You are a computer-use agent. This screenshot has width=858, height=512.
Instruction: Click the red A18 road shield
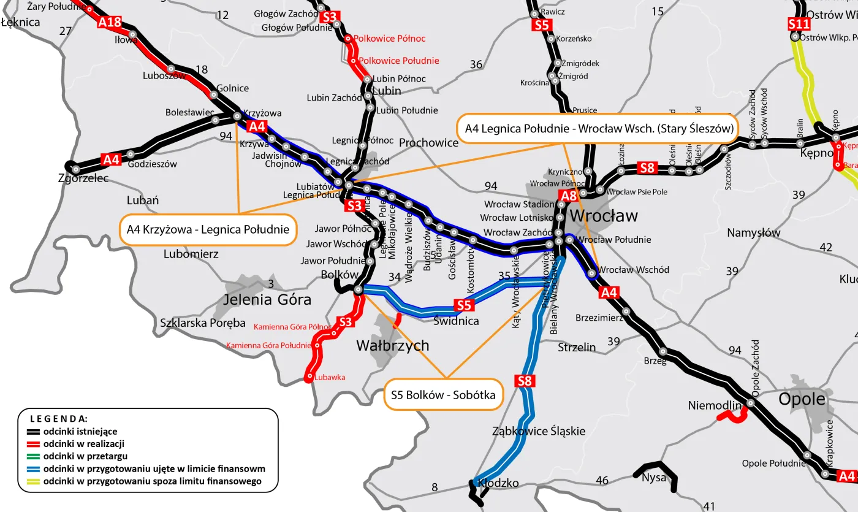click(110, 23)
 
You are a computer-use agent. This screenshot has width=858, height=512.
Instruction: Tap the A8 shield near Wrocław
click(568, 196)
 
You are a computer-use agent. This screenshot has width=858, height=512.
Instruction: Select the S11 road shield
click(799, 25)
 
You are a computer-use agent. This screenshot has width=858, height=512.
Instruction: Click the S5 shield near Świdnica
click(464, 305)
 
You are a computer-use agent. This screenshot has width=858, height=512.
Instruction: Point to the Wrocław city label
click(603, 216)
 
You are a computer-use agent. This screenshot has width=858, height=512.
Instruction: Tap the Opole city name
click(802, 399)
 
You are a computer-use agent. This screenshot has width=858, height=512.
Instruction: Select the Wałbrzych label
click(393, 346)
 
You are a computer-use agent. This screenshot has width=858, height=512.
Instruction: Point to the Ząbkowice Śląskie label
click(538, 431)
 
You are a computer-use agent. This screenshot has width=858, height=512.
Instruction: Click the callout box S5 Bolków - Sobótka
click(443, 395)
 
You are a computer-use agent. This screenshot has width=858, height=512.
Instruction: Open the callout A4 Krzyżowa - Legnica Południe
click(208, 230)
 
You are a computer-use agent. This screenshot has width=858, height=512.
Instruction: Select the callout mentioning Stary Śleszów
click(598, 129)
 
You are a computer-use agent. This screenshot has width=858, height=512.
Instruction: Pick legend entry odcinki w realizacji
click(84, 444)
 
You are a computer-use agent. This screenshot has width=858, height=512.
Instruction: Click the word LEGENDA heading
click(59, 419)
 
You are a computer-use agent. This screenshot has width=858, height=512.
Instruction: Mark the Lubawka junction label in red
click(330, 378)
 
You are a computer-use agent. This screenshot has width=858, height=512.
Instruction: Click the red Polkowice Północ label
click(389, 39)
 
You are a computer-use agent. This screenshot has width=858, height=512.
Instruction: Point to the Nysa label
click(653, 478)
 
